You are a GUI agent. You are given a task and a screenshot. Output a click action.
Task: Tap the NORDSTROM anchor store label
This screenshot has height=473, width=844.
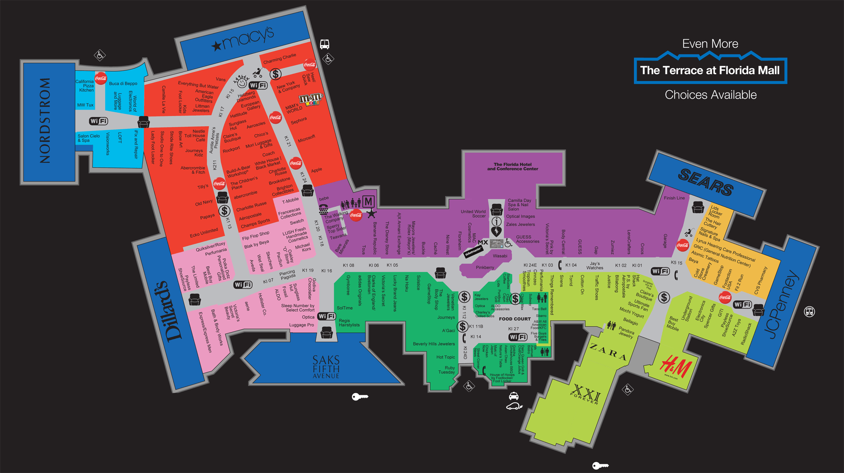coord(45,121)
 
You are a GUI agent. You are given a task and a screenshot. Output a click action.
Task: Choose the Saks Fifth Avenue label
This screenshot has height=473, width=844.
coord(326,367)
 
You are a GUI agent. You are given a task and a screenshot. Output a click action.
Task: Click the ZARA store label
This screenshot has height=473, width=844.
coord(608,352)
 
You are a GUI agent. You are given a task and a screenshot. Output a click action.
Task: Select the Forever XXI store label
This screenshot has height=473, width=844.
coord(586,395)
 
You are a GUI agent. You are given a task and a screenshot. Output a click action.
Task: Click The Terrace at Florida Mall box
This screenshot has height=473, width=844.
coord(710,70)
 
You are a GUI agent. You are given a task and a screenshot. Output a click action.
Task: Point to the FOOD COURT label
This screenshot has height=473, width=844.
coord(514,319)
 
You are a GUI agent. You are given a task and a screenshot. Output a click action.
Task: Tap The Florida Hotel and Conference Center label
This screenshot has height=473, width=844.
coord(512,167)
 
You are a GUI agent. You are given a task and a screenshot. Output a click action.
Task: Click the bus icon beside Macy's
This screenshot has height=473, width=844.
coord(324,44)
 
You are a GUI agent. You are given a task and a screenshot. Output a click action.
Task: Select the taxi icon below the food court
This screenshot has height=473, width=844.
coord(514,396)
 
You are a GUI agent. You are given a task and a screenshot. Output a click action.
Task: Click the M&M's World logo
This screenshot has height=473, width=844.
coord(311,99)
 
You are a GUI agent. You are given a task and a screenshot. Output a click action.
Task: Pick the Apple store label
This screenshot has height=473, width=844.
coord(316,170)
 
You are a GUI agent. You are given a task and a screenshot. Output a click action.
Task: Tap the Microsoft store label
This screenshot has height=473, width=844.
coord(306,139)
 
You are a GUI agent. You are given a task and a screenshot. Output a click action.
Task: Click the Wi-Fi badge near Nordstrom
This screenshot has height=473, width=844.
coord(98,121)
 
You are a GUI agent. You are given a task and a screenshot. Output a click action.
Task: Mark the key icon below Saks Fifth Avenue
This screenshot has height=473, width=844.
coord(360,397)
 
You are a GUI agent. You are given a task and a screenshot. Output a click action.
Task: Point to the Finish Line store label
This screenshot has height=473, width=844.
coord(674,198)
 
